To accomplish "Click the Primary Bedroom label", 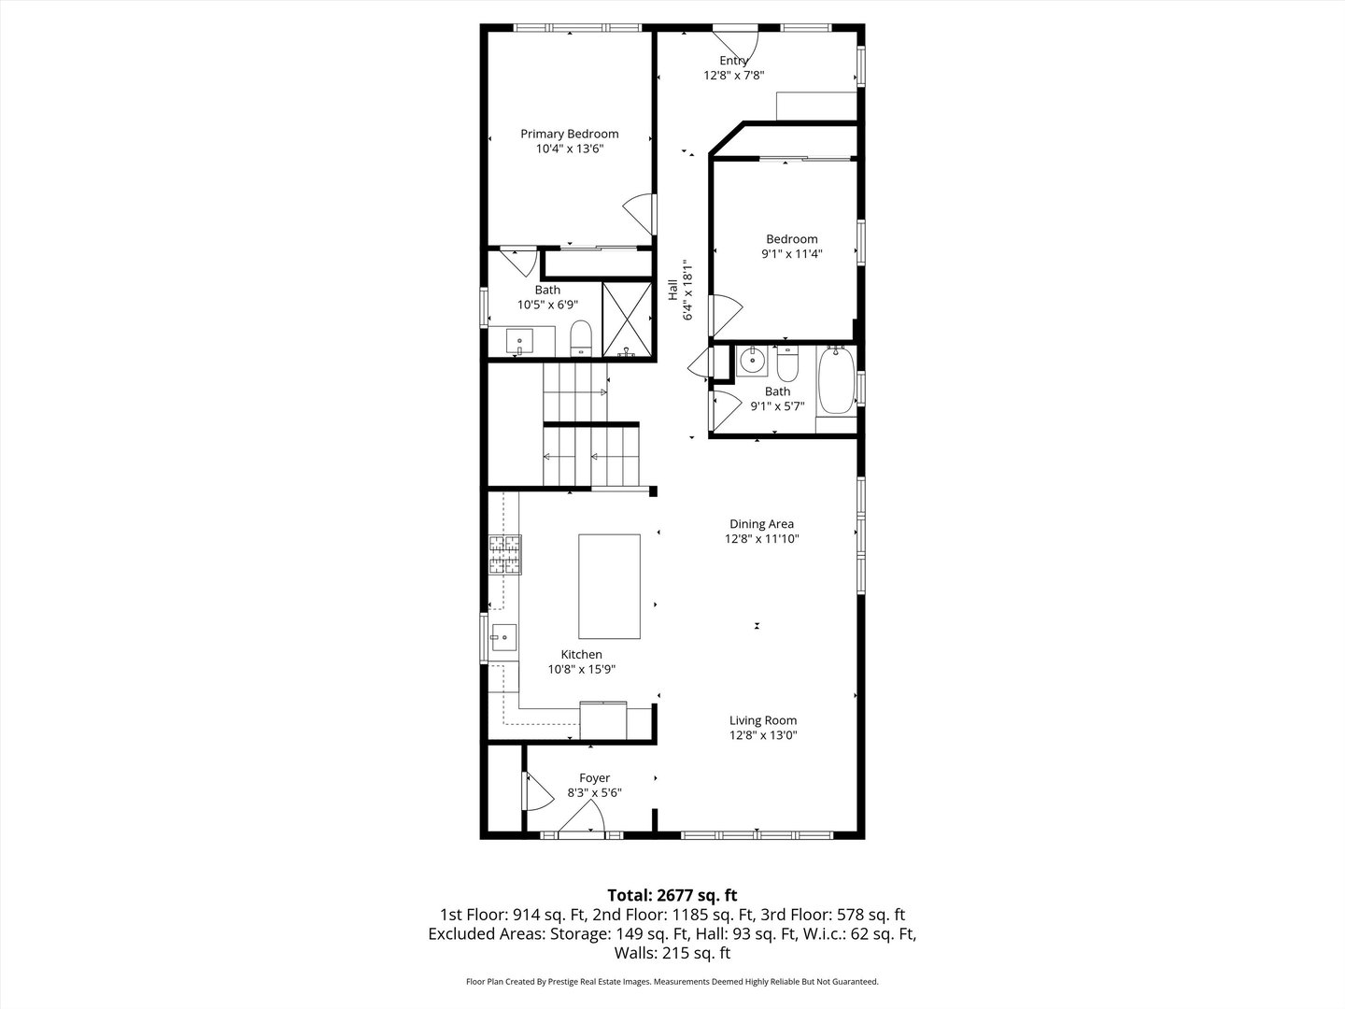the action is coord(569,134).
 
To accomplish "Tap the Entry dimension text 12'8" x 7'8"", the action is coord(733,76).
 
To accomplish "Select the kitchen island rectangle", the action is coord(609,587).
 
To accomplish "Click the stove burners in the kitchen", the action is coord(505,554).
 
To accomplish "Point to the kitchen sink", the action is coord(503,638).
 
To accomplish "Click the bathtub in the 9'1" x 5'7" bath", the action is coord(836,380).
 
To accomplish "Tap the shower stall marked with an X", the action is coord(627,320).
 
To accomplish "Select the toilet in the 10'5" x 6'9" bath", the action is coord(580,337).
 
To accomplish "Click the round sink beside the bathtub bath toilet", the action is coord(752,361).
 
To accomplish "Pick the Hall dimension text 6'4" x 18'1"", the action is coord(687,290).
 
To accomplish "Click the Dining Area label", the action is coord(761,524).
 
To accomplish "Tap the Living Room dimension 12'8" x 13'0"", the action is coord(763,735).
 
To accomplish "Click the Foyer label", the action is coord(594,777).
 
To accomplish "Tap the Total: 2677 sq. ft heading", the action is coord(672,896).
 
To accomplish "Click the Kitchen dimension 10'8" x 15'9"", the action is coord(582,669).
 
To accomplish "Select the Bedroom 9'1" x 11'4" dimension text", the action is coord(792,253).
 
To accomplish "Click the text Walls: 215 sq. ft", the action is coord(672,953).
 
